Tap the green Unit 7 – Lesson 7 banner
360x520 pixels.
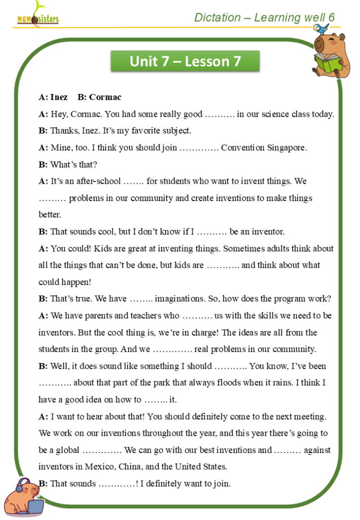coord(185,61)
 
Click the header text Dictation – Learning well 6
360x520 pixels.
coord(265,17)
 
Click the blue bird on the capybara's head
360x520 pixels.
coord(318,29)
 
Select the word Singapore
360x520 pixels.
coord(287,148)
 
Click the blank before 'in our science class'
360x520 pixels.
coord(220,114)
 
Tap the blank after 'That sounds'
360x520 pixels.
coord(117,484)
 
